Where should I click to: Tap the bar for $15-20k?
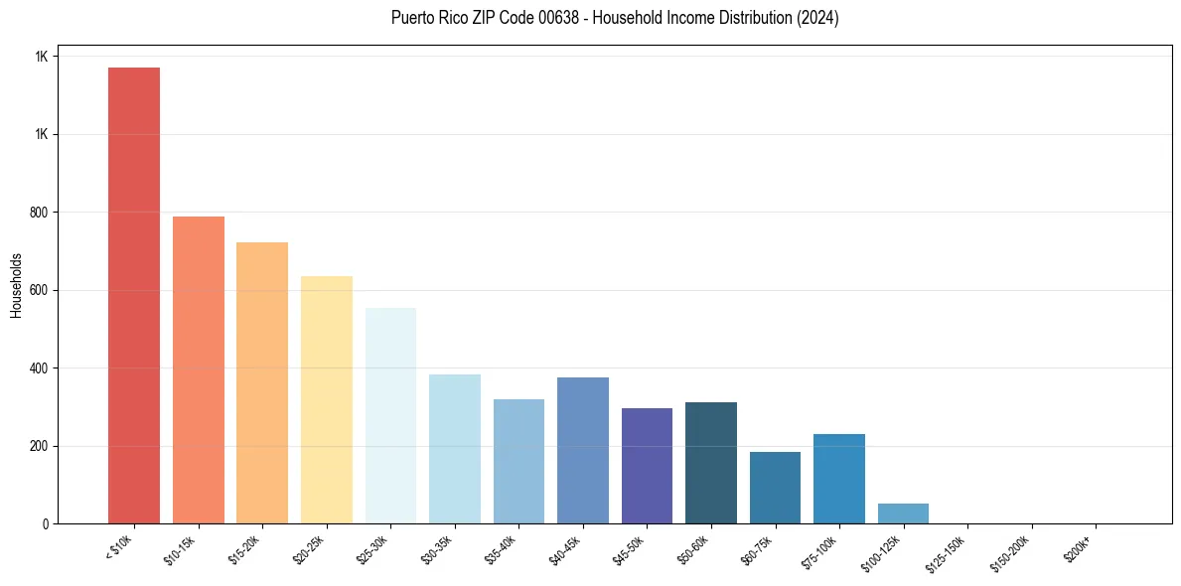click(262, 382)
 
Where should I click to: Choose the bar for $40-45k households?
click(583, 450)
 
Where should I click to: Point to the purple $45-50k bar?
click(647, 466)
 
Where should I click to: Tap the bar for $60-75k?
click(775, 488)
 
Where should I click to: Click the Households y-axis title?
click(16, 284)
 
